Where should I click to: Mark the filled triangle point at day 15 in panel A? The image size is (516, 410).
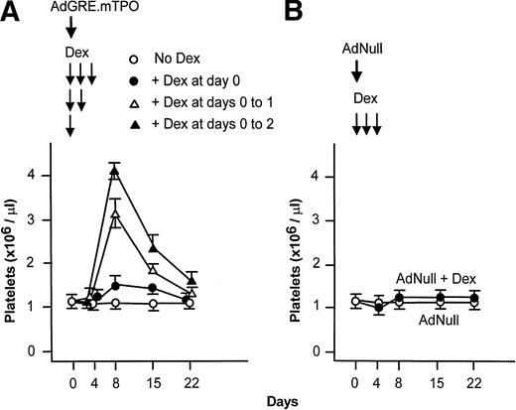tap(153, 247)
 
